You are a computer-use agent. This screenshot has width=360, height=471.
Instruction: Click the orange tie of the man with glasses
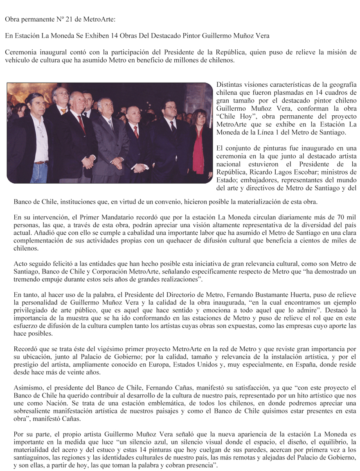pyautogui.click(x=63, y=110)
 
